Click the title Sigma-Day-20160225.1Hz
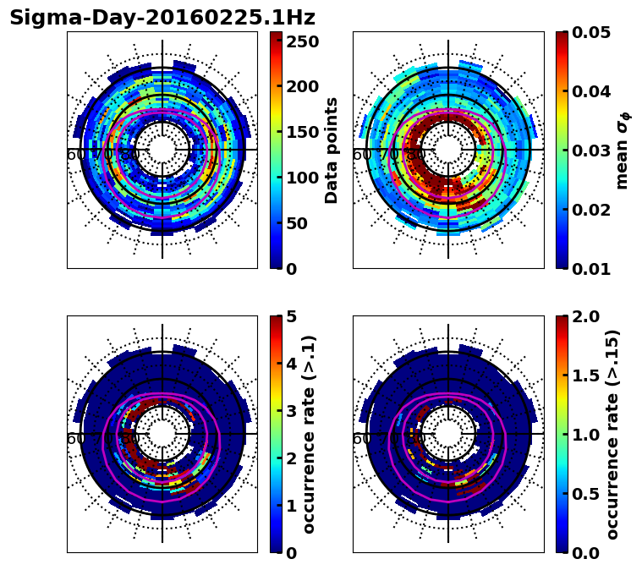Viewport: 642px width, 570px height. point(162,18)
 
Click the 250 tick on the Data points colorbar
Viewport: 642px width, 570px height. point(302,41)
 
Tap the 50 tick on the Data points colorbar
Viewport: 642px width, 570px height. point(302,223)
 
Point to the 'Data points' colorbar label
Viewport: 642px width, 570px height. point(332,150)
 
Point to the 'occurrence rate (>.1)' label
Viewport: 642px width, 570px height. point(310,435)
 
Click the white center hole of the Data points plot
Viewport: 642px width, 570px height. point(162,150)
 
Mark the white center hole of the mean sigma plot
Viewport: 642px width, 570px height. point(448,150)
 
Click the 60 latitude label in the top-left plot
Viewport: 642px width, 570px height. point(75,155)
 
